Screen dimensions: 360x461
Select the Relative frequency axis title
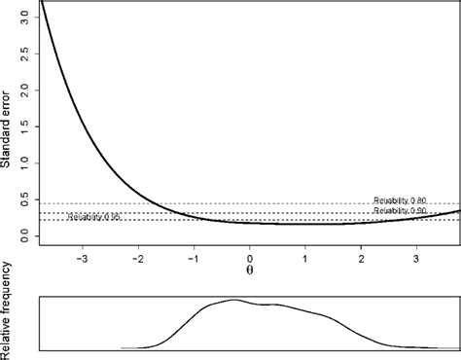(x=9, y=309)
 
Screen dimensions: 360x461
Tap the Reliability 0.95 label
(x=94, y=217)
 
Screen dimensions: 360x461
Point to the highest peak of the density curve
(x=234, y=300)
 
